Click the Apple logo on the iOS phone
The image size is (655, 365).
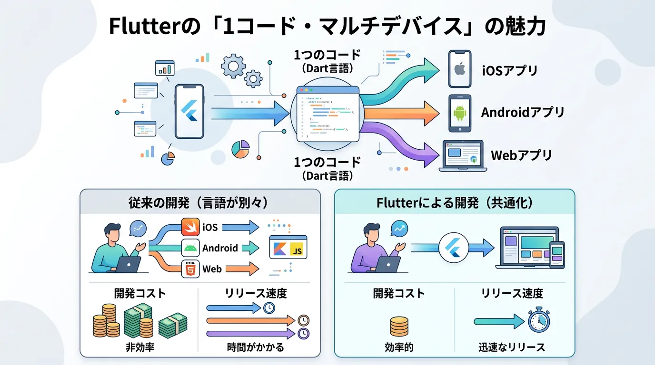click(459, 70)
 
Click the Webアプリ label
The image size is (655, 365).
click(521, 155)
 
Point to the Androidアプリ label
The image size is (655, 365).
click(523, 113)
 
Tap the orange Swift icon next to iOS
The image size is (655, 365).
click(190, 227)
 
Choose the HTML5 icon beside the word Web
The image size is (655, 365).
click(190, 269)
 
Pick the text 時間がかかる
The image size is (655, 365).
click(256, 347)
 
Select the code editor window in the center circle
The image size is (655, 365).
click(327, 114)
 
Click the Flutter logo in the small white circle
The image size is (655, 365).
click(451, 248)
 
